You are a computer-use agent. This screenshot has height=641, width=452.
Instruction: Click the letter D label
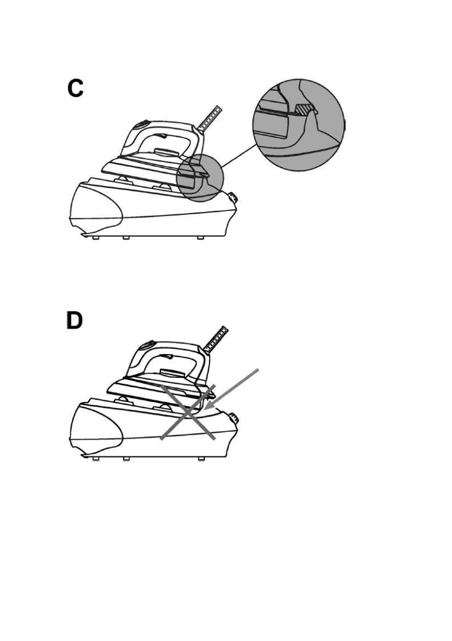click(x=75, y=321)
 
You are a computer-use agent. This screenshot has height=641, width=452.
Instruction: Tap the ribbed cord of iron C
click(x=211, y=119)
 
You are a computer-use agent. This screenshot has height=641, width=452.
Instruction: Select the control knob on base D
click(x=234, y=418)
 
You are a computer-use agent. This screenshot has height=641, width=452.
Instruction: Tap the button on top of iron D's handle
click(x=147, y=344)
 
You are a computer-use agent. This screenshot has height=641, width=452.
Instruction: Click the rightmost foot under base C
click(x=200, y=237)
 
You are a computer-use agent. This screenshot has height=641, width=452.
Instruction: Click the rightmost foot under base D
click(x=201, y=459)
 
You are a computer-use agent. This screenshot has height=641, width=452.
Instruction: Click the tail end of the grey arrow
click(x=258, y=371)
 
